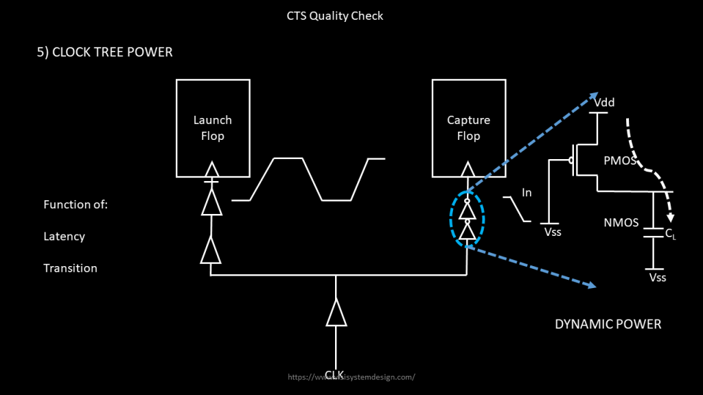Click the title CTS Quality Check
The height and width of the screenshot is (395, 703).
(335, 16)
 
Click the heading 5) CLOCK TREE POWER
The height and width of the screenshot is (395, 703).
(104, 51)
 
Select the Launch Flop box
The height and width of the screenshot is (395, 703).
(212, 128)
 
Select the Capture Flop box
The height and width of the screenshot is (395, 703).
(468, 128)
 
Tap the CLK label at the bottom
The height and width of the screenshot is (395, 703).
(334, 374)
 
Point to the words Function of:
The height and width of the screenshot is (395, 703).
(76, 204)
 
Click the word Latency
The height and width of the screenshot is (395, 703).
(64, 237)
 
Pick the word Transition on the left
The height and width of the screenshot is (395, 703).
(70, 268)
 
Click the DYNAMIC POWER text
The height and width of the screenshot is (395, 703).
(608, 324)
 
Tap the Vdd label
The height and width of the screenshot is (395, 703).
(604, 103)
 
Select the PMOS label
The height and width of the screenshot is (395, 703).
(619, 161)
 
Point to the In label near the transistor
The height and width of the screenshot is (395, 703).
(527, 193)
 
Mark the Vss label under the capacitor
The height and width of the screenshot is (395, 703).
(657, 278)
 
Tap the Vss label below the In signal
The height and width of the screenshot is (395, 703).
(553, 232)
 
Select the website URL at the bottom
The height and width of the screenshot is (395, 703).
(351, 377)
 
